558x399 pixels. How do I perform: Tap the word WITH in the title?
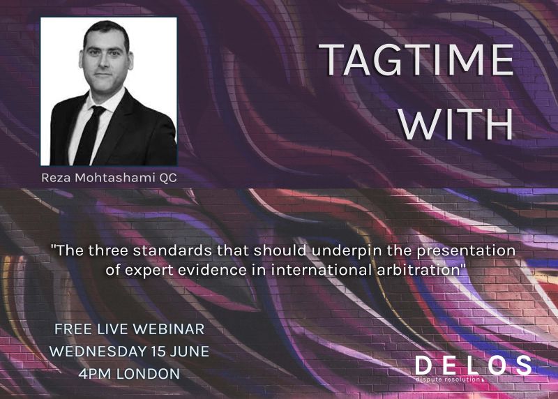click(459, 125)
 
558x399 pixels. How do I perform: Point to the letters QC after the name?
click(168, 178)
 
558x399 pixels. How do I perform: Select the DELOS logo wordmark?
click(473, 365)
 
